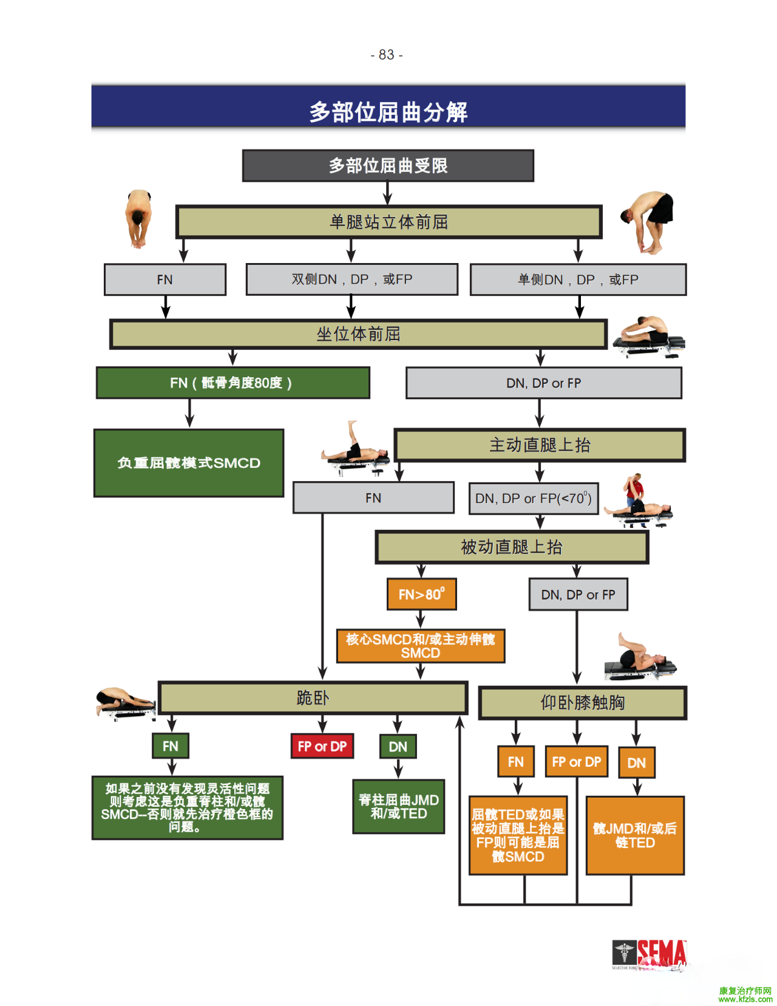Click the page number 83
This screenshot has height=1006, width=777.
tap(387, 55)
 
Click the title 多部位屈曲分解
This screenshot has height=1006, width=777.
tap(388, 112)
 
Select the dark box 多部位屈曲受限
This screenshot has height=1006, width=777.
tap(388, 165)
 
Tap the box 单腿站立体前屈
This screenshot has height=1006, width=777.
tap(388, 222)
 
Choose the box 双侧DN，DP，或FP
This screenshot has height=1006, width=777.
tap(351, 279)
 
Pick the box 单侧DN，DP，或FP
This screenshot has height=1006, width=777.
tap(578, 279)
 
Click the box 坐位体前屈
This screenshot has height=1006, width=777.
tap(358, 334)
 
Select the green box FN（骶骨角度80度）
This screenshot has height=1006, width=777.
tap(232, 383)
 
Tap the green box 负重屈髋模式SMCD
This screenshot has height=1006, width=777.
tap(189, 463)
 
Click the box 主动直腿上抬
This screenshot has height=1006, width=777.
tap(540, 445)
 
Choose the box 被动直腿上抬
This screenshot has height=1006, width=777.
tap(512, 547)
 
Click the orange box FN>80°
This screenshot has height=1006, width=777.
tap(421, 594)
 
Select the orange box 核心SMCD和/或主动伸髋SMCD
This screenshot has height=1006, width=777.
tap(421, 646)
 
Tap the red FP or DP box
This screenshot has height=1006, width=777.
tap(322, 746)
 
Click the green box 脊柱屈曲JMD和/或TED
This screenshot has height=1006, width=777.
tap(399, 807)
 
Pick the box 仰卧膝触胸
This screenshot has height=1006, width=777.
tap(582, 703)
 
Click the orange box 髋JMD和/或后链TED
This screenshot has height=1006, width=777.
tap(635, 835)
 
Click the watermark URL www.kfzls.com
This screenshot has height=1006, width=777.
tap(745, 999)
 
